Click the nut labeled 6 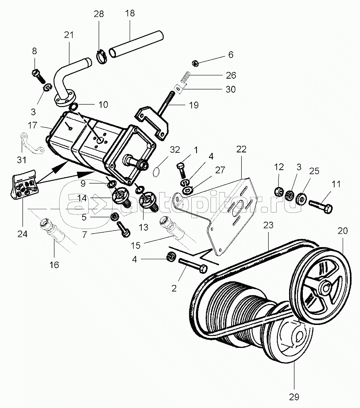[194, 63]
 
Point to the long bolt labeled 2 [191, 264]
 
